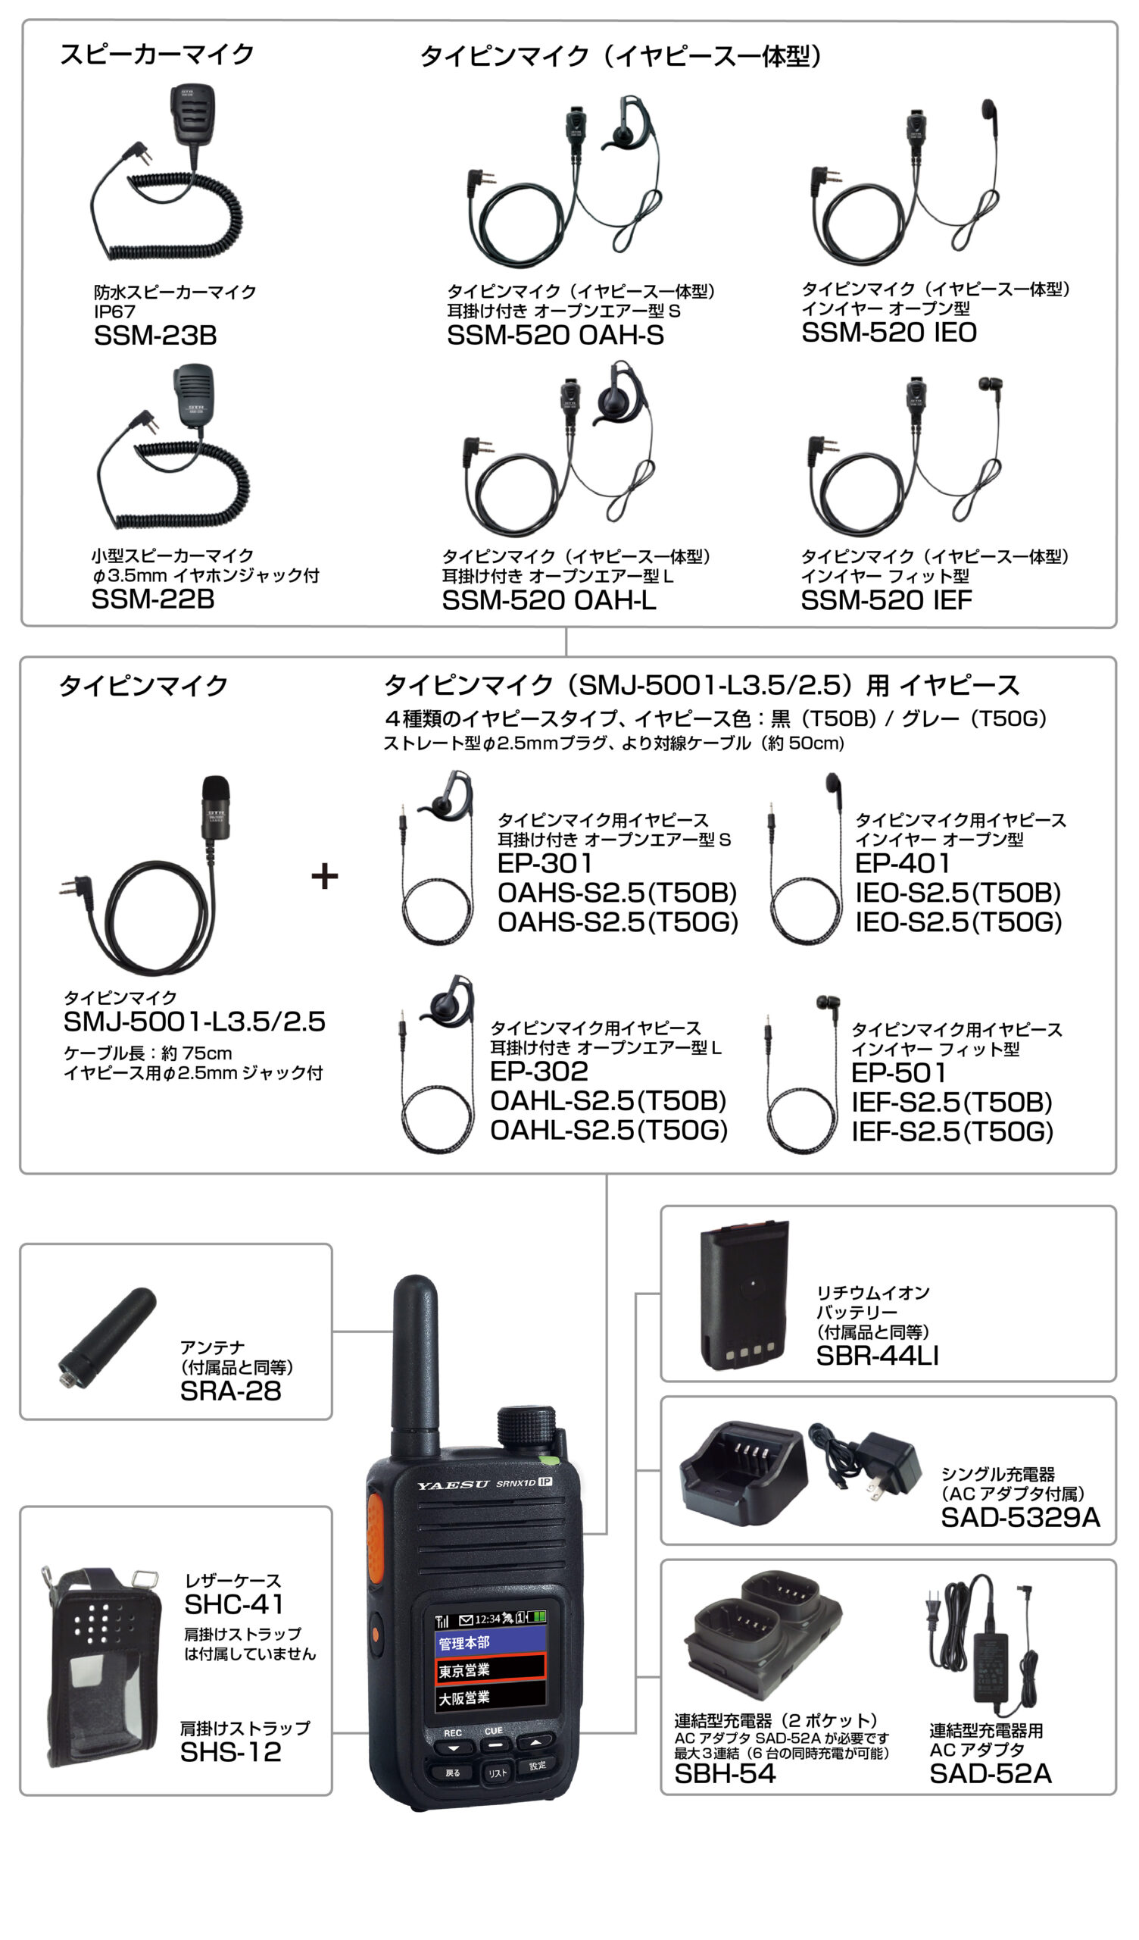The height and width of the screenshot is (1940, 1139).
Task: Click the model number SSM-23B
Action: tap(155, 336)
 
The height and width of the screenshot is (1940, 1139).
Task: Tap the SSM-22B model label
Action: tap(153, 599)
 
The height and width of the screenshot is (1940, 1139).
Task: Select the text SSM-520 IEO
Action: tap(889, 333)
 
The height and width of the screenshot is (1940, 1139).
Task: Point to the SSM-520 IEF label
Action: tap(887, 600)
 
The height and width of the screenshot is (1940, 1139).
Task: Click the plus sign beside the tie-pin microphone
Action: tap(325, 876)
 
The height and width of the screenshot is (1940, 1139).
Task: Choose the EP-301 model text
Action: tap(545, 863)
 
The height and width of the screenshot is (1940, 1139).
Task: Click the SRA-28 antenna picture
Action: tap(107, 1338)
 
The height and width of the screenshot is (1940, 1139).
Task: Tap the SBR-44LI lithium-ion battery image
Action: tap(744, 1295)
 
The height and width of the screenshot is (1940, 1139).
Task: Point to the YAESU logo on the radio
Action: tap(454, 1485)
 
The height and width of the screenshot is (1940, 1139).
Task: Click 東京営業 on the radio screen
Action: tap(464, 1671)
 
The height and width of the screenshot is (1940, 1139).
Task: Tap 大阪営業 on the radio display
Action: tap(464, 1698)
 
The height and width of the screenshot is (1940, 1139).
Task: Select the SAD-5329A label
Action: tap(1021, 1518)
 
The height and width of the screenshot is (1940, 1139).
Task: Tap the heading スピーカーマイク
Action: tap(157, 55)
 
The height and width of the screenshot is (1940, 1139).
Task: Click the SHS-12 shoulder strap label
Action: tap(231, 1753)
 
